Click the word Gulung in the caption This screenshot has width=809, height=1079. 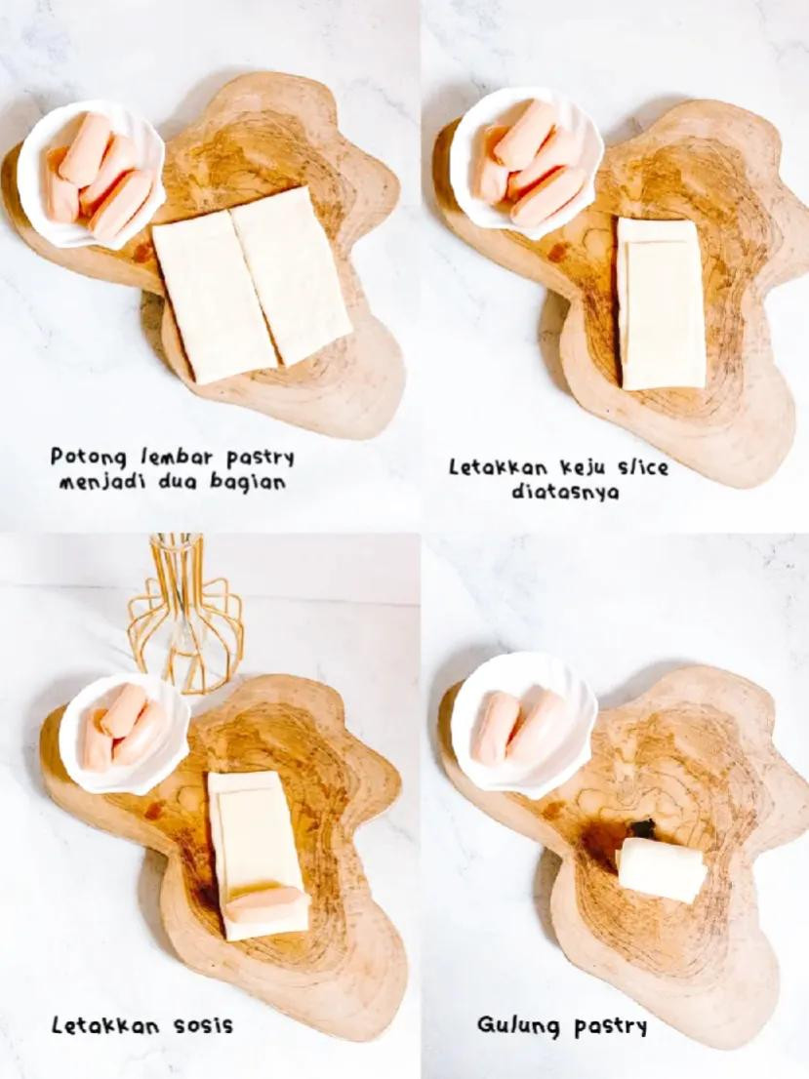pyautogui.click(x=516, y=1025)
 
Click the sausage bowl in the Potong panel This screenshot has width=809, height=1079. pyautogui.click(x=91, y=173)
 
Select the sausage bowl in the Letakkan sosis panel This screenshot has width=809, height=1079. pyautogui.click(x=123, y=732)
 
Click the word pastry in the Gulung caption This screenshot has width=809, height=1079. pyautogui.click(x=610, y=1026)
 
